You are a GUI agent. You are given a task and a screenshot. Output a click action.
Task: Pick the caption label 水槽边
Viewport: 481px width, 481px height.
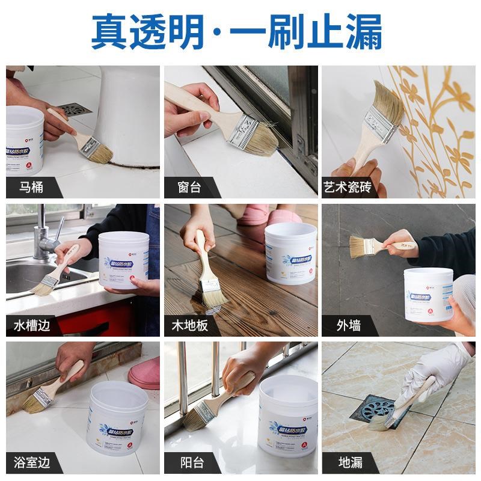(32, 326)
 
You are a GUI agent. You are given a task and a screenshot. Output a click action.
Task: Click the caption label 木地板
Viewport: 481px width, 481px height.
(189, 326)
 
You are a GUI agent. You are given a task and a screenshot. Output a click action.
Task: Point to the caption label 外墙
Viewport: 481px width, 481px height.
(349, 326)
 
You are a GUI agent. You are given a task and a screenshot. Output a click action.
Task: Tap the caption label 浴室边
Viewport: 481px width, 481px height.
(32, 463)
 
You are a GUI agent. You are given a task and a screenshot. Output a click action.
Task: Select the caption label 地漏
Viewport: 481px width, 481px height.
(349, 463)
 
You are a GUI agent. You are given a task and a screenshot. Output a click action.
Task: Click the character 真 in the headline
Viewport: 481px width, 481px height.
(109, 31)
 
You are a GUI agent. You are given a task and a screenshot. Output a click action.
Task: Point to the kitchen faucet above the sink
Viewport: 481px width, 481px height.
(44, 234)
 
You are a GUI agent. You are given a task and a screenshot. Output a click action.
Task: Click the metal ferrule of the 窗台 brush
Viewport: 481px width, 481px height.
(243, 132)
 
